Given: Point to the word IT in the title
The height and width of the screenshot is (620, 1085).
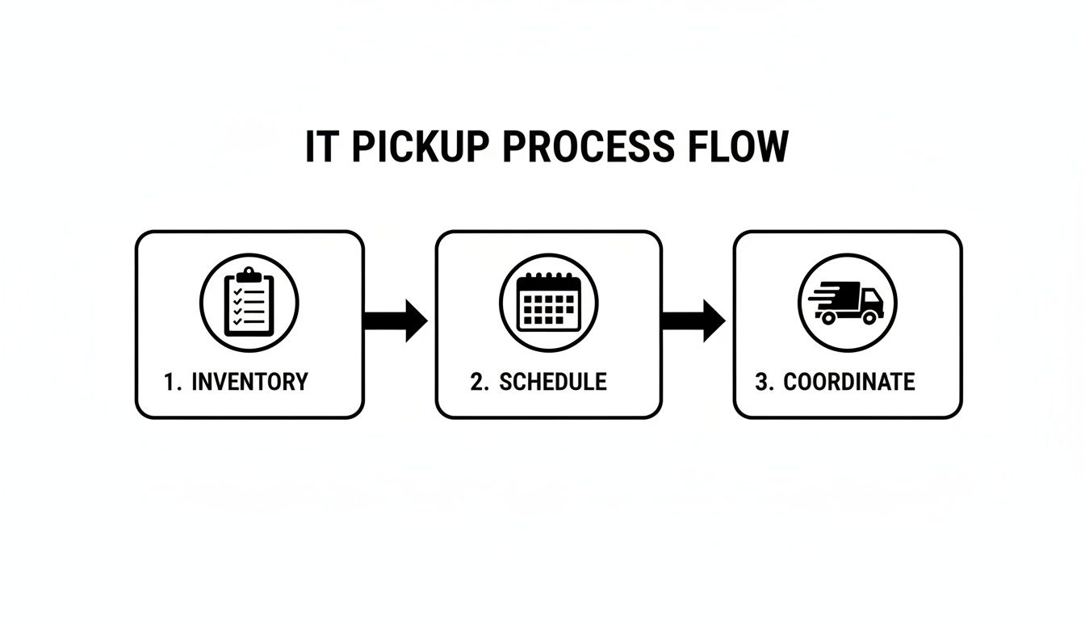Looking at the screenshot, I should pos(320,148).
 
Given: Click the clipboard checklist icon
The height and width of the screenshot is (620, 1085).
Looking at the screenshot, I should pos(249,302).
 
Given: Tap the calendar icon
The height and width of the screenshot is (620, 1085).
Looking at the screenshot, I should pos(549,302).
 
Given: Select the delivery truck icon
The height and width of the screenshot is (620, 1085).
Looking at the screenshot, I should pos(847,302).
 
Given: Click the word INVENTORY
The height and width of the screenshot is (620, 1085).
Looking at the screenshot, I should pos(249,382).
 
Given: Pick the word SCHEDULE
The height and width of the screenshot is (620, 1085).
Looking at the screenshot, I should pos(553,382).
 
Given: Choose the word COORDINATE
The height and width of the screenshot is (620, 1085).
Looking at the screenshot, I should pos(849,382).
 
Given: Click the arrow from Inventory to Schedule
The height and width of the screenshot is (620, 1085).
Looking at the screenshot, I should pos(396,320).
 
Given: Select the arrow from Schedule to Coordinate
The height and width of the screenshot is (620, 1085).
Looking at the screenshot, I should pos(693,320).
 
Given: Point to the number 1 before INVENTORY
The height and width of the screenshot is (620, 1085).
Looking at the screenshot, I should pos(169,382).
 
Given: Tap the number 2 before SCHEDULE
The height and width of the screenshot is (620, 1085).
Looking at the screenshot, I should pos(477,382).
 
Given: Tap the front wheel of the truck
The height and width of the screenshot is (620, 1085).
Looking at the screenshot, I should pos(869,317).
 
